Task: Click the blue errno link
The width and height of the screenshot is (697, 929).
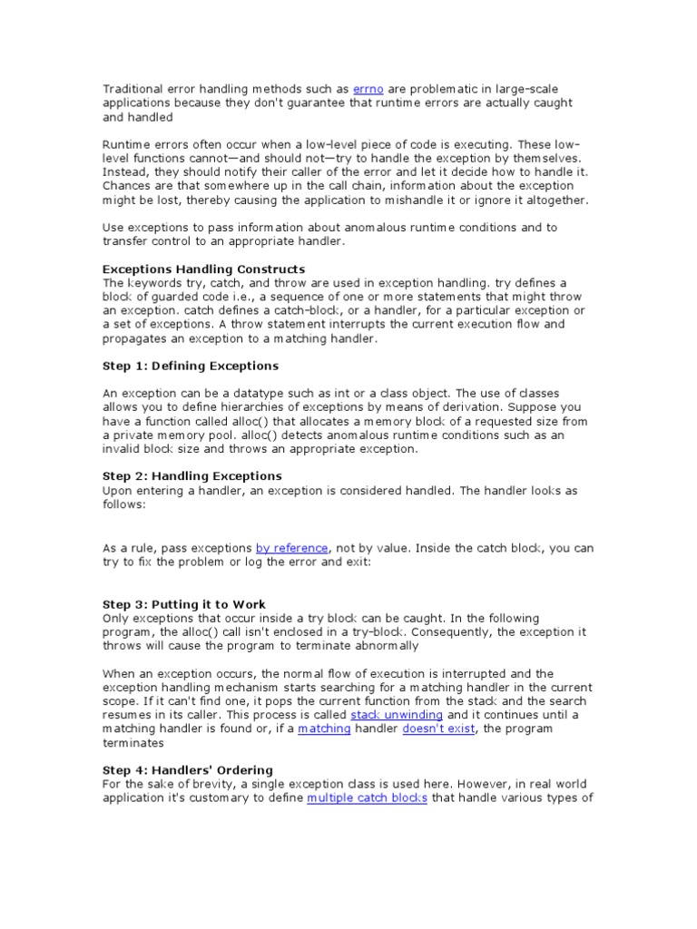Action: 368,89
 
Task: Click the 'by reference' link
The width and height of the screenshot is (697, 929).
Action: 291,548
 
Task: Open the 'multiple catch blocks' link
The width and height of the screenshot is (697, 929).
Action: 367,798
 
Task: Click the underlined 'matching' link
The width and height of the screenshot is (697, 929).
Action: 324,729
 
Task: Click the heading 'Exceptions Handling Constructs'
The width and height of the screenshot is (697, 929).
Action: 203,269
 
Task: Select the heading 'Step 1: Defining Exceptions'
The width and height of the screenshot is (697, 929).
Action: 190,366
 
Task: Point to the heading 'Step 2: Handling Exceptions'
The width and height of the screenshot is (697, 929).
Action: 191,476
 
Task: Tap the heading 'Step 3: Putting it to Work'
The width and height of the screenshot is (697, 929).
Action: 184,604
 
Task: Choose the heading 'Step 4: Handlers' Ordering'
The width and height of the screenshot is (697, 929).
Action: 187,770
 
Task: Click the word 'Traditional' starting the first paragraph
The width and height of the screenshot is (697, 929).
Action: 133,89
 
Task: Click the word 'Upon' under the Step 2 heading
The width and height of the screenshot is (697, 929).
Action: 118,491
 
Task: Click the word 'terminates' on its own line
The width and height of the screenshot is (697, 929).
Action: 133,743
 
